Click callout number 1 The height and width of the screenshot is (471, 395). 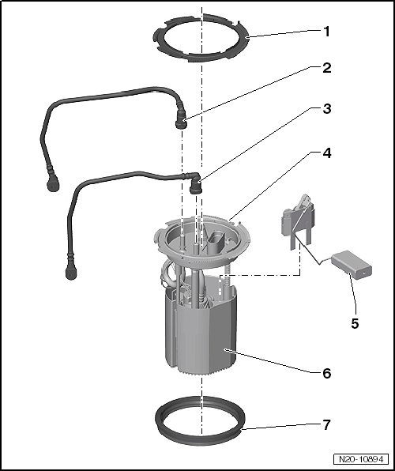point(326,32)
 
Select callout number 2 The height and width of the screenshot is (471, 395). point(326,68)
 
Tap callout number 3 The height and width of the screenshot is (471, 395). point(326,109)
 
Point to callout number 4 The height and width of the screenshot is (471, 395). point(326,153)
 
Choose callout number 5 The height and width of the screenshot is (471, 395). point(355,323)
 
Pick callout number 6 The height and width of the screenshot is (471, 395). point(326,373)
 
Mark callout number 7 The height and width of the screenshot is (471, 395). point(326,424)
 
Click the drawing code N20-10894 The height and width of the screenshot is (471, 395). point(361,459)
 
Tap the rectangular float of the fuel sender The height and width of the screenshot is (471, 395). point(352,265)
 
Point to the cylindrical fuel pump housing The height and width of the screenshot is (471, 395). point(201,333)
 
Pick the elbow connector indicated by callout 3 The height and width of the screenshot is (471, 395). point(195,182)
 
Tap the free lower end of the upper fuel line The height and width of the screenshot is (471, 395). point(53,186)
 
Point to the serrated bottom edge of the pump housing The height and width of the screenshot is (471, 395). point(205,371)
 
